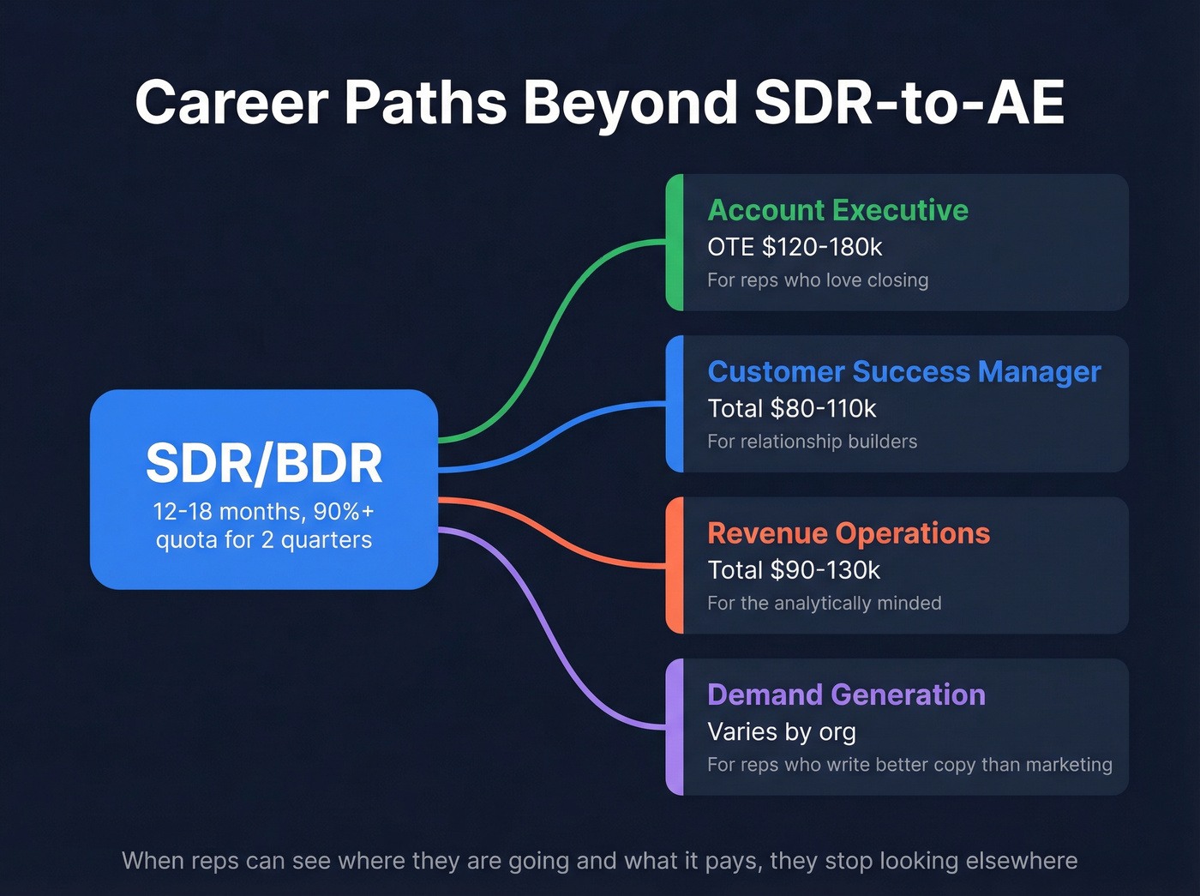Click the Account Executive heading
[837, 210]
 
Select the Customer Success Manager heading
[903, 371]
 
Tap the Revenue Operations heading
[848, 533]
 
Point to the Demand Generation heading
[846, 695]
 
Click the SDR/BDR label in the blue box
[264, 464]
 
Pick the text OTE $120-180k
[794, 247]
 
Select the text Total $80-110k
[791, 409]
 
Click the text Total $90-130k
[793, 570]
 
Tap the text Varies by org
[781, 732]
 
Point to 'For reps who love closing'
[817, 280]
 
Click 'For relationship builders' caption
[812, 442]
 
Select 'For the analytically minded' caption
[824, 604]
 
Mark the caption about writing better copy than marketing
[909, 765]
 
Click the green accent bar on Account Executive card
[675, 243]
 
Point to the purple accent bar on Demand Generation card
[675, 727]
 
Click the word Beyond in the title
[630, 103]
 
